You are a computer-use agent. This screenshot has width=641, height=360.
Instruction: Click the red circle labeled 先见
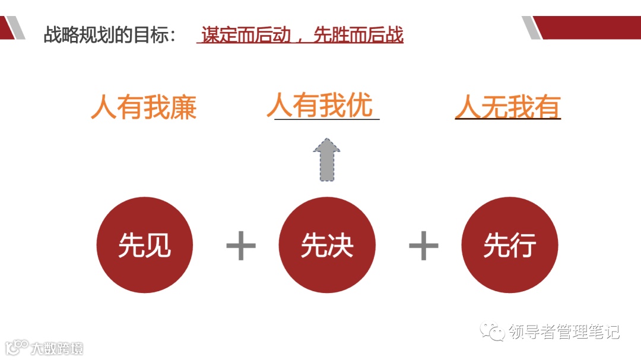click(x=145, y=245)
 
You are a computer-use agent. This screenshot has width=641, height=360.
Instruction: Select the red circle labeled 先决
click(x=327, y=245)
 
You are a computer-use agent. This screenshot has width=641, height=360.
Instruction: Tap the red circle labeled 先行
click(x=510, y=245)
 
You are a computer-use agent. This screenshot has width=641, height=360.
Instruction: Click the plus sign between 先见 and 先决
click(x=241, y=245)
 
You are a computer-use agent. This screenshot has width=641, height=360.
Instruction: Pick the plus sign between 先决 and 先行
click(x=424, y=245)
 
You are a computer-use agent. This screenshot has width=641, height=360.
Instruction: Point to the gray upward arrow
click(x=326, y=160)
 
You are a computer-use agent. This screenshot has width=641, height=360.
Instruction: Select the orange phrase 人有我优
click(x=320, y=106)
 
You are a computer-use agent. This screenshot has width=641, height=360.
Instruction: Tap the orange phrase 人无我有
click(x=507, y=107)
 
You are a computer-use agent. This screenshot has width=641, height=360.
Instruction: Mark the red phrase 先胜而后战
click(x=358, y=35)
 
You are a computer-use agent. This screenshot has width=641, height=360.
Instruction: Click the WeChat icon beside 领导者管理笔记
click(x=493, y=330)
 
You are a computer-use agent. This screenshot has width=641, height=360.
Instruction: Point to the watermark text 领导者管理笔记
click(x=564, y=331)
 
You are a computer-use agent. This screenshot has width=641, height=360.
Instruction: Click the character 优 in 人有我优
click(x=360, y=106)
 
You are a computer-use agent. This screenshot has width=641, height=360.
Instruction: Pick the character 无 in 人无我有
click(x=494, y=107)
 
